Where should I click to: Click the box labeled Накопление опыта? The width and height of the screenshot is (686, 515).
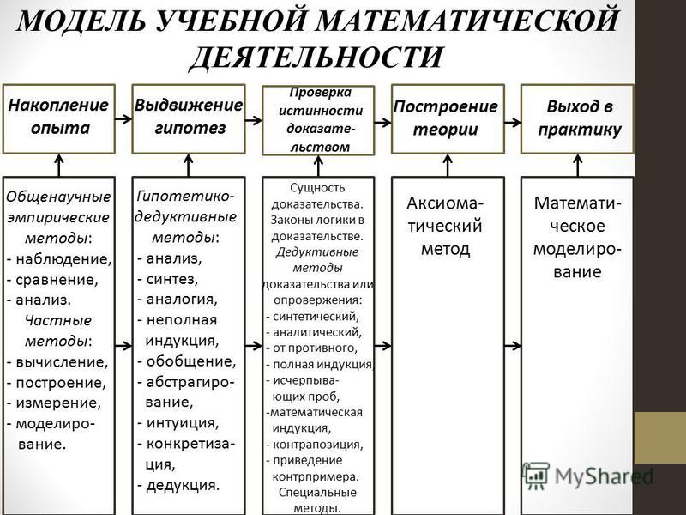click(59, 119)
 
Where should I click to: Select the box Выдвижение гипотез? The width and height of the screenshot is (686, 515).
click(189, 119)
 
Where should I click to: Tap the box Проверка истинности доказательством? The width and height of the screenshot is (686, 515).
click(318, 120)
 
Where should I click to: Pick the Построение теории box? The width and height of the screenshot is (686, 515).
click(448, 119)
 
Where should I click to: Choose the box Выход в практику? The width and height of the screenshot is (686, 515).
click(577, 119)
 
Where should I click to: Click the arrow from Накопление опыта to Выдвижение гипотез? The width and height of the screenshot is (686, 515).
click(123, 118)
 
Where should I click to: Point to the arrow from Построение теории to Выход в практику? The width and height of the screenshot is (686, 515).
click(513, 122)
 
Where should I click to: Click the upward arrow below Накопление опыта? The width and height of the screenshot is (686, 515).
click(58, 165)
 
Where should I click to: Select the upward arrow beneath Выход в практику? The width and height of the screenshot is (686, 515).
click(577, 165)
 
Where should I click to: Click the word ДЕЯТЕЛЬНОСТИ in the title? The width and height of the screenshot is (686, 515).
click(316, 57)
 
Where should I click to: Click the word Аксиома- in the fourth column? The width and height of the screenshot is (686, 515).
click(445, 203)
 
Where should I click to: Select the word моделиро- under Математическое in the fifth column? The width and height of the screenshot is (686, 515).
click(577, 249)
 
